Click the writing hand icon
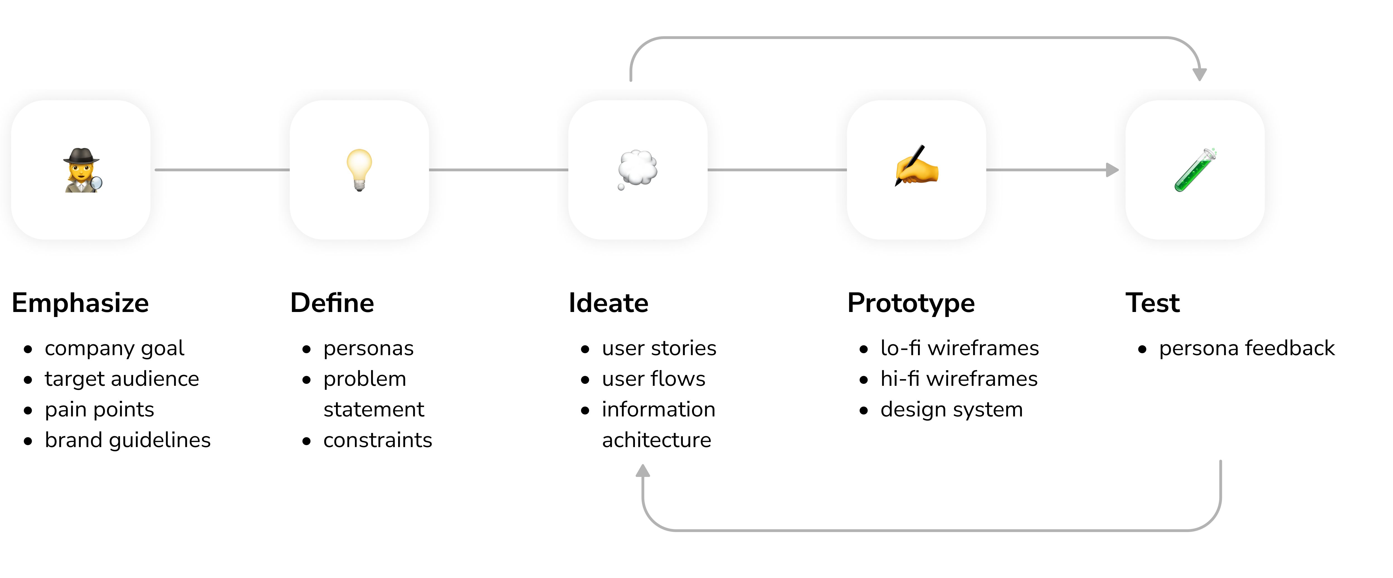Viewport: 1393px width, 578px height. click(917, 165)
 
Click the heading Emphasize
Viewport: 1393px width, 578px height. click(80, 303)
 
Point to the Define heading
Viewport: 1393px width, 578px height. click(332, 303)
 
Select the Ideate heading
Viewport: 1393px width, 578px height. click(608, 303)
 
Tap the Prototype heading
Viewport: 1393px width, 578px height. click(911, 303)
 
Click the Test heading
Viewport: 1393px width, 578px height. click(1152, 303)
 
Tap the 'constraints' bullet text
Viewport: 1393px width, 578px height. click(378, 440)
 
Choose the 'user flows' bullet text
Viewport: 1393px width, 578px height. click(654, 379)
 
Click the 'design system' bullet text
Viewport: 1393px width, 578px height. click(952, 410)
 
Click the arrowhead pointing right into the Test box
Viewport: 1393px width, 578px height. click(1112, 170)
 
